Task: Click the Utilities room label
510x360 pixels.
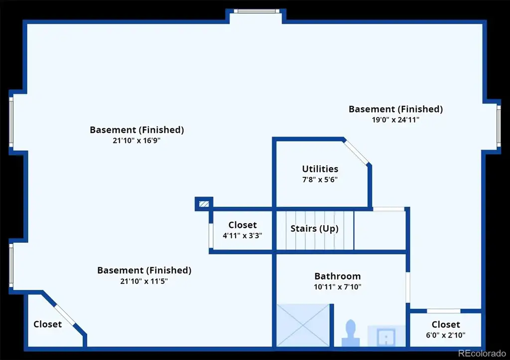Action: pyautogui.click(x=320, y=169)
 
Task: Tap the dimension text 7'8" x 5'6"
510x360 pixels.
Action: pyautogui.click(x=320, y=180)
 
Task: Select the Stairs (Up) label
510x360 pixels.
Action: pyautogui.click(x=314, y=229)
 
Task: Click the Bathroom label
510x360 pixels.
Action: pyautogui.click(x=338, y=276)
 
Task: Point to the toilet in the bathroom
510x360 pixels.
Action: pyautogui.click(x=351, y=333)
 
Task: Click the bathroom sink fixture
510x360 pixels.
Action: pyautogui.click(x=386, y=337)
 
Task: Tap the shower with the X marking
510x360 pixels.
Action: pyautogui.click(x=303, y=325)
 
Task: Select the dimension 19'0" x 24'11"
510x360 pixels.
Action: pyautogui.click(x=395, y=120)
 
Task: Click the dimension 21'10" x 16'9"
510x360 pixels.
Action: pyautogui.click(x=136, y=140)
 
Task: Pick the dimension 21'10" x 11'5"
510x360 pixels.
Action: pyautogui.click(x=144, y=281)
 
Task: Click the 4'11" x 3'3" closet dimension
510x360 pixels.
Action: pyautogui.click(x=243, y=236)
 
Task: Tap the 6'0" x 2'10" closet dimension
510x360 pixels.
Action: pyautogui.click(x=446, y=335)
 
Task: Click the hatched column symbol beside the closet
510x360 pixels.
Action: pyautogui.click(x=204, y=204)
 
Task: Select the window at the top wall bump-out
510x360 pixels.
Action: pyautogui.click(x=256, y=11)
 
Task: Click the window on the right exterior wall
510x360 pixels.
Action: pyautogui.click(x=499, y=125)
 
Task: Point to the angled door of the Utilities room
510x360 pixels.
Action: pyautogui.click(x=357, y=152)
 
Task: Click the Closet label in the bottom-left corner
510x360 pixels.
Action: pyautogui.click(x=47, y=324)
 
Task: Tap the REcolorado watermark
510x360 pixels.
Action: pyautogui.click(x=482, y=353)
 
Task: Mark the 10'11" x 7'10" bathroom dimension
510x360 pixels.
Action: pyautogui.click(x=338, y=287)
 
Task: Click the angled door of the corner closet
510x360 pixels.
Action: pyautogui.click(x=65, y=314)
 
